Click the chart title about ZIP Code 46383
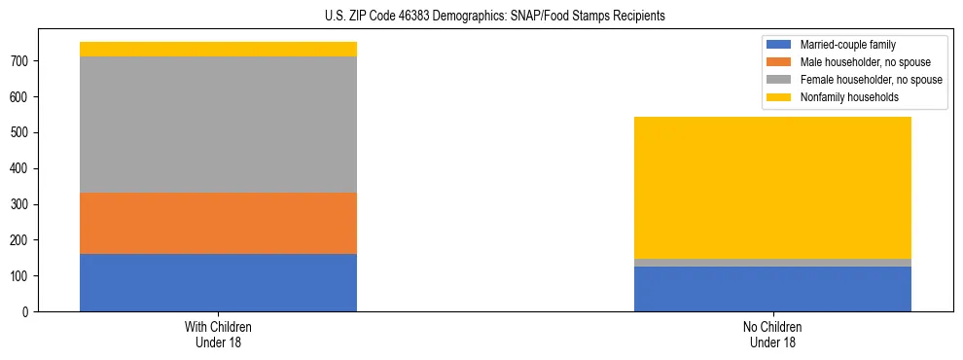click(x=495, y=17)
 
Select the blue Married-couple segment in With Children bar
click(x=218, y=282)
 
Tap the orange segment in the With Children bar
click(x=218, y=223)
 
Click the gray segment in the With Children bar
click(x=218, y=125)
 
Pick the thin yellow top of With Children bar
click(x=218, y=49)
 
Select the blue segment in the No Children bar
click(x=772, y=289)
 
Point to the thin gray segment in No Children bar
click(x=772, y=263)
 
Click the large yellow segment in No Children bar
click(x=772, y=188)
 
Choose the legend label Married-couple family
click(x=847, y=45)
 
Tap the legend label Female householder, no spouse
click(x=870, y=80)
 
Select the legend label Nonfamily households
click(x=848, y=97)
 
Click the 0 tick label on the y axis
click(x=29, y=311)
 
